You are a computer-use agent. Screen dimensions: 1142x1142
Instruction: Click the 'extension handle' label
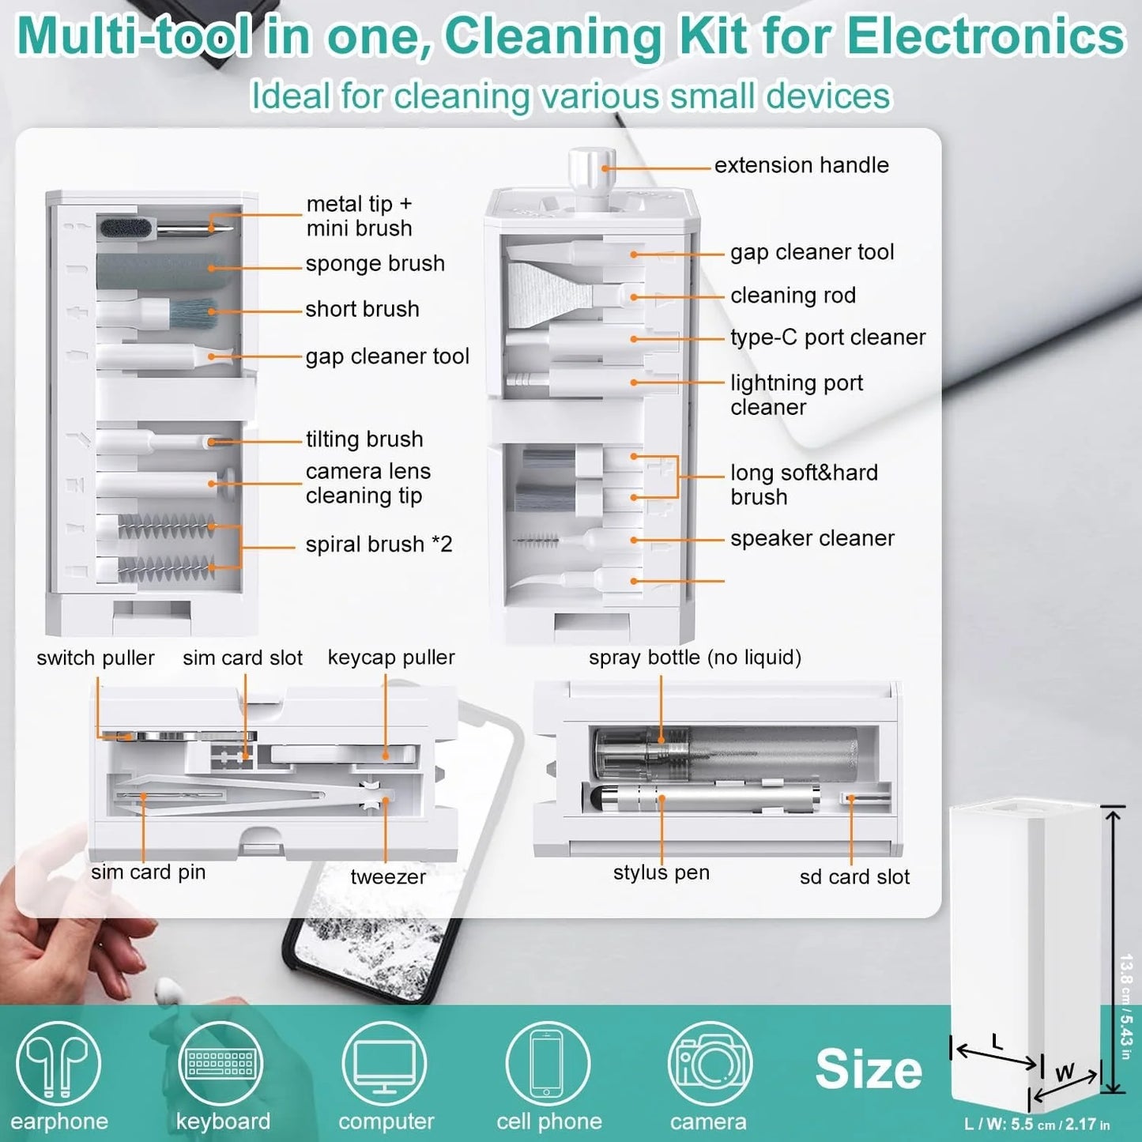point(801,165)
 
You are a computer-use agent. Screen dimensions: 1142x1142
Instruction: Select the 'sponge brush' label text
point(375,263)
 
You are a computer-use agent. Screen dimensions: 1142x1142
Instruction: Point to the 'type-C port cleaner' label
point(827,337)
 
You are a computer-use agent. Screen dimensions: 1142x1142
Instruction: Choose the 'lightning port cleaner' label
point(796,394)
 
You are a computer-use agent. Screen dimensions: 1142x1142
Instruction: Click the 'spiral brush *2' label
point(379,545)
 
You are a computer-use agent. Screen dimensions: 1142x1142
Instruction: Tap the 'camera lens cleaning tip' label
point(367,483)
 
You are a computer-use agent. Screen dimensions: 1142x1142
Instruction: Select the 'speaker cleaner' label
point(812,538)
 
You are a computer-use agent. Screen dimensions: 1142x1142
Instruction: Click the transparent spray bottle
point(723,750)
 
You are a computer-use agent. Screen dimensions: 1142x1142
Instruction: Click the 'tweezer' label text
point(387,876)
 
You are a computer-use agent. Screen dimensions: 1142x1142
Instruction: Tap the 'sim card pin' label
point(148,872)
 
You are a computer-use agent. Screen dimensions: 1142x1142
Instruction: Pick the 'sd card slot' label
point(854,876)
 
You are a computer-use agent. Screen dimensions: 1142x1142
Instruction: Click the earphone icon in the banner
point(58,1063)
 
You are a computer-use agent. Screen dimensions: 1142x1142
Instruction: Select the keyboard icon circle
point(220,1063)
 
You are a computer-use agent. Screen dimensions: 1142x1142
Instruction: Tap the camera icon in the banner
point(709,1063)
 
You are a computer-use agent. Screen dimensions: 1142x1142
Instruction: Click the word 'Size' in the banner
point(868,1069)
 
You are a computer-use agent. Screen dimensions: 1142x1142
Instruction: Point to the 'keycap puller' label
point(391,658)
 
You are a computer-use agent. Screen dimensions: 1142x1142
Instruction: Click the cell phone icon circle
point(547,1063)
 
